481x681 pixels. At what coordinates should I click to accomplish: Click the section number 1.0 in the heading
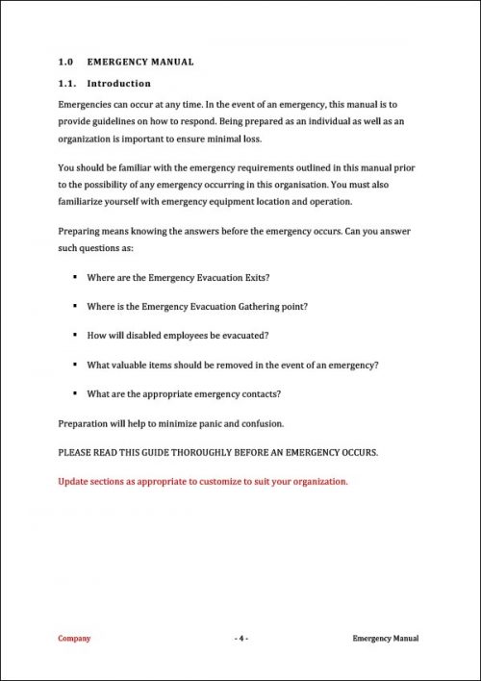65,63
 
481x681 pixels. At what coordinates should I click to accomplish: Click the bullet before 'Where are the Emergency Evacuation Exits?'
75,278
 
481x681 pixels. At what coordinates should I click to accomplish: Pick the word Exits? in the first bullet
254,278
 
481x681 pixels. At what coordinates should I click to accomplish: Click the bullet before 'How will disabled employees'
75,336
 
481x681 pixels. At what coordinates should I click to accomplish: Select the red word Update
73,481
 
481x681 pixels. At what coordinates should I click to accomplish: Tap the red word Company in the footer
75,638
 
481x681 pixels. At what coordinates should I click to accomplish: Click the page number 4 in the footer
241,638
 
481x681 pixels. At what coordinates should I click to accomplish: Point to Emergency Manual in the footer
386,638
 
